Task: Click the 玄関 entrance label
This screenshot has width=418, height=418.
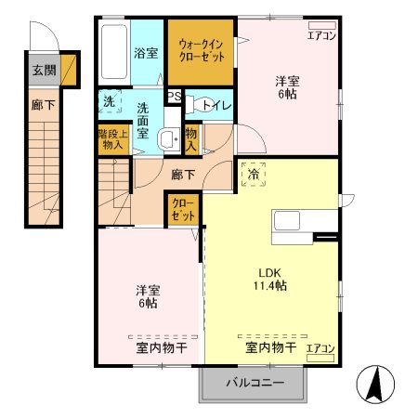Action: tap(43, 70)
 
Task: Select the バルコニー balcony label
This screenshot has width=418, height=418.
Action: tap(252, 382)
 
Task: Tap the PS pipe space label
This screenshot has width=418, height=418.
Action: tap(173, 96)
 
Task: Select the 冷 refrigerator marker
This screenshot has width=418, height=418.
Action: tap(252, 174)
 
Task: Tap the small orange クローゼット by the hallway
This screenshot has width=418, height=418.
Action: tap(180, 210)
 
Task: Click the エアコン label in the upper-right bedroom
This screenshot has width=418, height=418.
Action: tap(322, 36)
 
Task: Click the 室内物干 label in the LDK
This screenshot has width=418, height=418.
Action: tap(270, 348)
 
